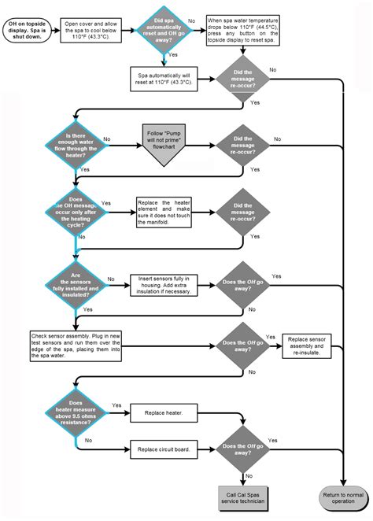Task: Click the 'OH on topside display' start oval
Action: point(28,30)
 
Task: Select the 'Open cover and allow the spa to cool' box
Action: point(90,30)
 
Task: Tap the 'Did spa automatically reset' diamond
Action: point(164,30)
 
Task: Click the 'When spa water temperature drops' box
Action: point(243,30)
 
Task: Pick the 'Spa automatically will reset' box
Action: point(164,79)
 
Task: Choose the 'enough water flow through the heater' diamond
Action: point(76,146)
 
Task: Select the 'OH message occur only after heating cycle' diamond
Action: point(76,212)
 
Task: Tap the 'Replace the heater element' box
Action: point(164,212)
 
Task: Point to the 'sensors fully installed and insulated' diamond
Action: point(76,285)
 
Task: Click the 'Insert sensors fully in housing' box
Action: point(164,285)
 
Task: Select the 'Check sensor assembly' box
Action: point(76,346)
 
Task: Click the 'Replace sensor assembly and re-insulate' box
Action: point(307,346)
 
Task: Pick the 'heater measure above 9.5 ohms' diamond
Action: point(76,413)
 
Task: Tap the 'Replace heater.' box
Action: point(164,413)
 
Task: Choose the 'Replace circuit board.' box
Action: point(164,449)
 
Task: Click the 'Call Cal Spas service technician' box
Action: point(243,498)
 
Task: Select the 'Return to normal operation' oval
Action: point(343,498)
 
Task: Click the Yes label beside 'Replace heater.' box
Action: point(116,405)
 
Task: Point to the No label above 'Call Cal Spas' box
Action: point(249,476)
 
